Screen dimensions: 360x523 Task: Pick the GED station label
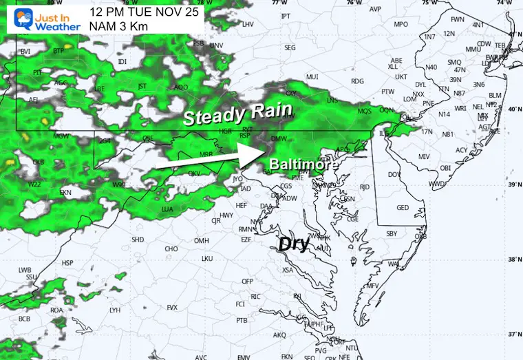pos(403,208)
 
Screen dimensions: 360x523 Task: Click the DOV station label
pos(394,175)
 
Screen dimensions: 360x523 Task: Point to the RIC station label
pos(255,296)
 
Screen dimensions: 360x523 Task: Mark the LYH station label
pos(115,310)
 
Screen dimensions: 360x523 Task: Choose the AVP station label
pos(374,9)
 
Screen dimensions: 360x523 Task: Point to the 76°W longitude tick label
pos(354,3)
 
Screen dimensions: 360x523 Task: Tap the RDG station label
pos(356,81)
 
